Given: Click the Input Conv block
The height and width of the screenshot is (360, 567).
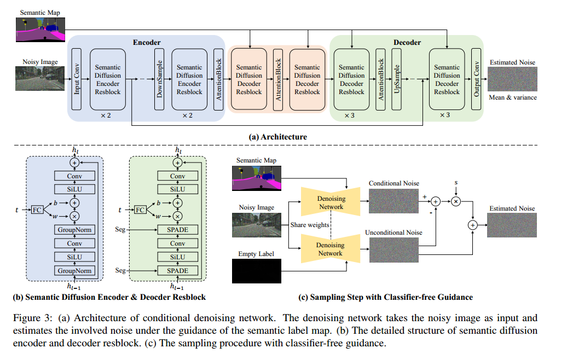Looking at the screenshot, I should coord(77,79).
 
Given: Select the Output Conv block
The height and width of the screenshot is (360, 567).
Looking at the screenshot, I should coord(476,79).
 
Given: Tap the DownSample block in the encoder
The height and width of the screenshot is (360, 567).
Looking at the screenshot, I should coord(160,79).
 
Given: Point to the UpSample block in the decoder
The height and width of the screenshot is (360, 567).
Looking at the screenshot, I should coord(397,79).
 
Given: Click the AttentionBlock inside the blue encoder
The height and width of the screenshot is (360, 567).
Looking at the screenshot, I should coord(218,79).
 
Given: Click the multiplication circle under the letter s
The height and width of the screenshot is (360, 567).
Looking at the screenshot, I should coord(455,201).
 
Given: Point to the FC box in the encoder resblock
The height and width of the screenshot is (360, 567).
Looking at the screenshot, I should coord(37,210).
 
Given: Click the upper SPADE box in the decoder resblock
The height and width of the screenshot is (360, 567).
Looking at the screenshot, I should coord(177,230).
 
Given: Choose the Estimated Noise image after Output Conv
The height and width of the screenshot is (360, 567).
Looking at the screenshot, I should coord(512,79).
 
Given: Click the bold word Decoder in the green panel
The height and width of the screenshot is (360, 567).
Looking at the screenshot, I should coord(407,42).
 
